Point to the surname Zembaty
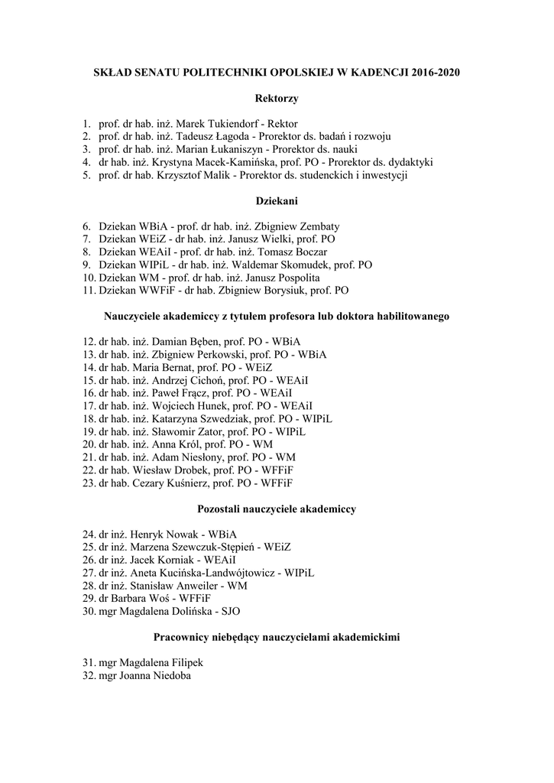(314, 226)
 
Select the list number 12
(87, 342)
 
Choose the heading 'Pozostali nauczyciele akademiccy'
(277, 508)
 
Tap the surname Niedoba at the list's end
(167, 676)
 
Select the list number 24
(87, 534)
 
